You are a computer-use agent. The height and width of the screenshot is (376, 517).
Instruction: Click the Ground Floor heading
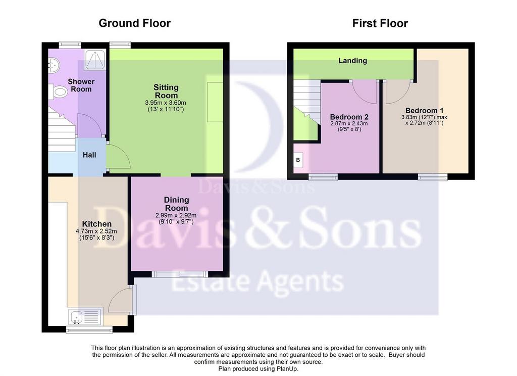(134, 23)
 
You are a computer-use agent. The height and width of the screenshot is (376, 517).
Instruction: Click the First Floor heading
(380, 23)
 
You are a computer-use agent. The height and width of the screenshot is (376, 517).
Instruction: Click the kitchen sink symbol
(85, 316)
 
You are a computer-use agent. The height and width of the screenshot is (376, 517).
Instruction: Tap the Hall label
(89, 155)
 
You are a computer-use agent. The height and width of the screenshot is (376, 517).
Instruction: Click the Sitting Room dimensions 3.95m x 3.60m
(166, 103)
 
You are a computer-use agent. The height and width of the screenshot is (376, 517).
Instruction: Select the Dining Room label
(176, 204)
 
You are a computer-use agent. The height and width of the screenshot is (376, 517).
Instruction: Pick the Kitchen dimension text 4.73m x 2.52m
(96, 231)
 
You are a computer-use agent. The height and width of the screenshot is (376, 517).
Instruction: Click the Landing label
(352, 61)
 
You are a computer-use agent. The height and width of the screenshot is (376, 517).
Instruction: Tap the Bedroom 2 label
(349, 117)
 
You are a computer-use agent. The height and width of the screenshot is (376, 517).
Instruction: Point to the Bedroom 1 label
(424, 111)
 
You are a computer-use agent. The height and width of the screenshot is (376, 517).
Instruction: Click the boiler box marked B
(298, 160)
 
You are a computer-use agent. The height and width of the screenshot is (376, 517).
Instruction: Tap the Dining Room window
(180, 274)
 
